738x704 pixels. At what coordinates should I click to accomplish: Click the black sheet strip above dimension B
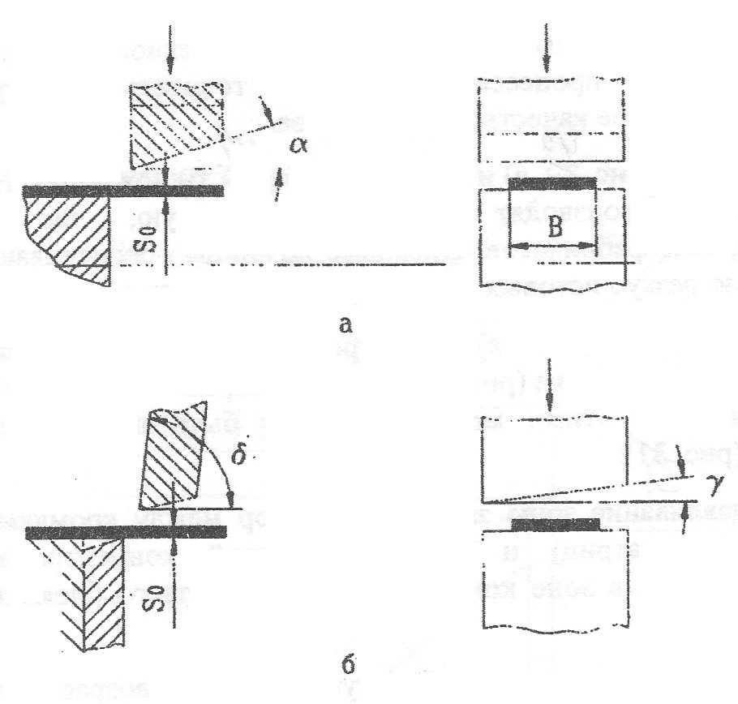pyautogui.click(x=551, y=184)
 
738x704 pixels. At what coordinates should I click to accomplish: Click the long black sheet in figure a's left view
pyautogui.click(x=122, y=191)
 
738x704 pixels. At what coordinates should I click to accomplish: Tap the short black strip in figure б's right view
pyautogui.click(x=556, y=525)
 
